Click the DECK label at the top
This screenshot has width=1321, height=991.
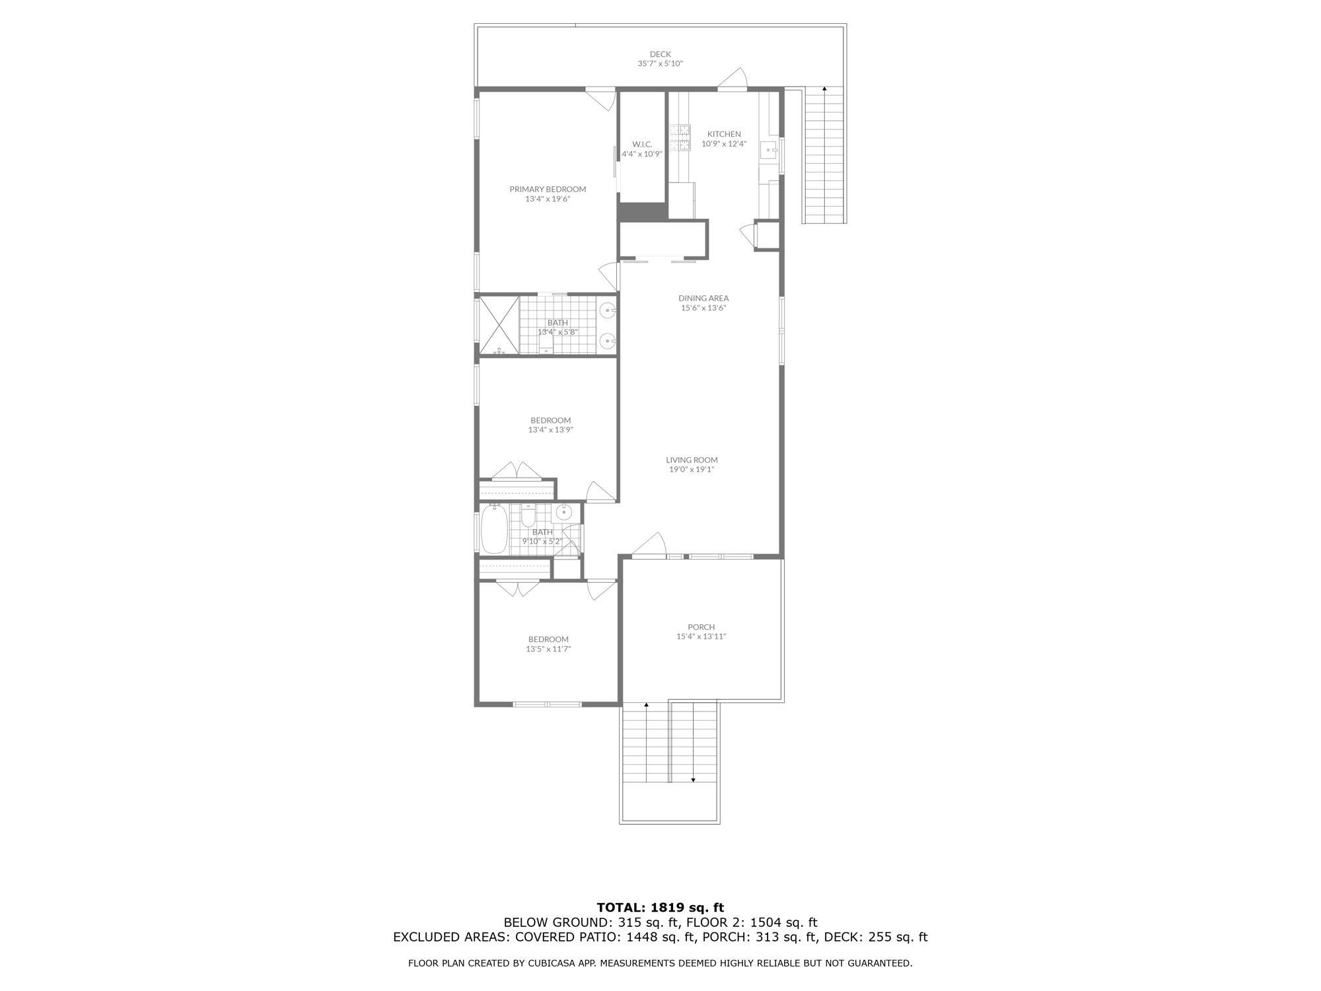click(x=660, y=54)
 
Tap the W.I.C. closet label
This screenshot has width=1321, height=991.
click(x=642, y=144)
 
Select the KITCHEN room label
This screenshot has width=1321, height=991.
click(x=724, y=134)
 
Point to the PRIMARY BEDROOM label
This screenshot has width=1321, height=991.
click(x=548, y=189)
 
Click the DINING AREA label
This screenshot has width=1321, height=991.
click(x=703, y=298)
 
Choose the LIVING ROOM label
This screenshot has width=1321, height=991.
click(x=692, y=460)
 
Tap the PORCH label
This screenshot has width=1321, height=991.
click(x=701, y=627)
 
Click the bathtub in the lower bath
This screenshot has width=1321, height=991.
click(x=494, y=529)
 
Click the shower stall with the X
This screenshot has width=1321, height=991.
click(x=499, y=326)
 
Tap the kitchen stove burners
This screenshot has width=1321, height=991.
click(x=680, y=138)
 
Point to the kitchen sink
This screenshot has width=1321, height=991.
click(x=769, y=151)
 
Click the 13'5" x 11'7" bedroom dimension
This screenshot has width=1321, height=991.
click(x=548, y=649)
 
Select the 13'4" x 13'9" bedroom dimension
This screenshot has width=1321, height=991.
click(x=550, y=429)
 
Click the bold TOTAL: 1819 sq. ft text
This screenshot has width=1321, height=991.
click(x=660, y=907)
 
